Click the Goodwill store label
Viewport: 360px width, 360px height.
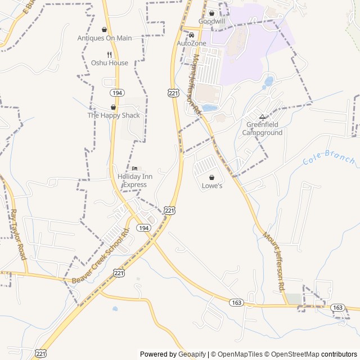tap(211, 21)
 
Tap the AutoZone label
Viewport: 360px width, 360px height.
tap(192, 43)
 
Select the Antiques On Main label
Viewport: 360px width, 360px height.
tap(105, 38)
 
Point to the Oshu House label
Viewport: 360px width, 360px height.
tap(110, 63)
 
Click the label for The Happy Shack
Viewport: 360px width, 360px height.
tap(113, 115)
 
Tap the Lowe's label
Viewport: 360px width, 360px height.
tap(212, 186)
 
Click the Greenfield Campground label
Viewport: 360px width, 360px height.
tap(262, 129)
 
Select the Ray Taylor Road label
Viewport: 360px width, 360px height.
tap(18, 235)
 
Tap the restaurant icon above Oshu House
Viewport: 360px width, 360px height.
tap(110, 55)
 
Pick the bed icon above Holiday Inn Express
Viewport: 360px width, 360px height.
tap(134, 169)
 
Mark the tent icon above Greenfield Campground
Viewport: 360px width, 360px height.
tap(262, 116)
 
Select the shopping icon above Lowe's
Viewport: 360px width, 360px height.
tap(212, 177)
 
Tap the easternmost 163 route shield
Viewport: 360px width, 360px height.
tap(337, 308)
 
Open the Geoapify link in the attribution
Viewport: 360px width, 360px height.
tap(192, 354)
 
